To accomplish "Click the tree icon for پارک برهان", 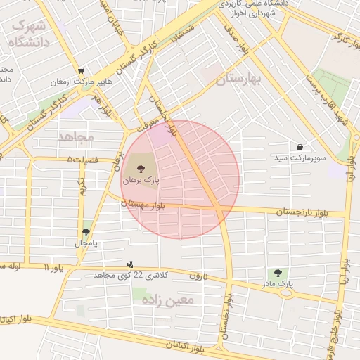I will (141, 169).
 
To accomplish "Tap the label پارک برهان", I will (141, 181).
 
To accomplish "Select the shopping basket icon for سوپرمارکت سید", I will (301, 148).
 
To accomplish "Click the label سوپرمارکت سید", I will (301, 160).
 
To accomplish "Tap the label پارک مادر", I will (276, 283).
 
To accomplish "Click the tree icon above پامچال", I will (86, 232).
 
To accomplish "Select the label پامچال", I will (86, 243).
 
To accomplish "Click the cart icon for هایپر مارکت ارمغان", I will (82, 71).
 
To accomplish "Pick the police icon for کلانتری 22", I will (129, 264).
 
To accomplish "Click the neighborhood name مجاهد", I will (76, 136).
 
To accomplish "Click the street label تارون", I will (199, 276).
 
